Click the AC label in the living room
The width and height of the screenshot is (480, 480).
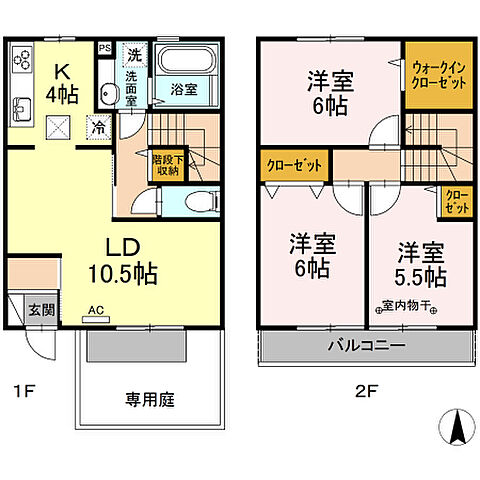95,310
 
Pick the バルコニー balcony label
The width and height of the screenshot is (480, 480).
363,346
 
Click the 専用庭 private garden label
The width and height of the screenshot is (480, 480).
150,400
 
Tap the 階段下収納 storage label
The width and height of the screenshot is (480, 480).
166,165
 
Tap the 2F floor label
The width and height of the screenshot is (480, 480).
366,390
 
